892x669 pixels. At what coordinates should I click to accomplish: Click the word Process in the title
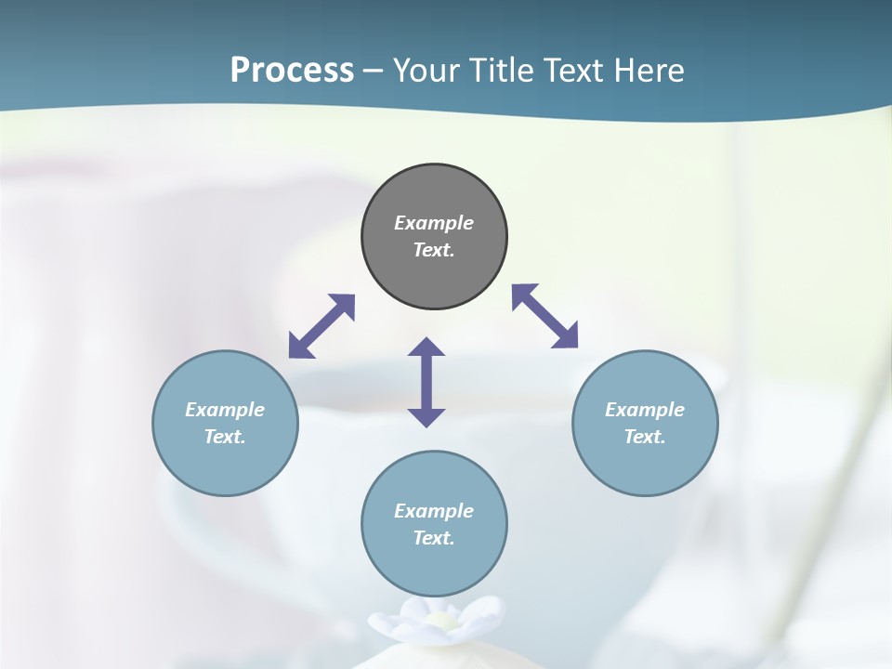pyautogui.click(x=292, y=71)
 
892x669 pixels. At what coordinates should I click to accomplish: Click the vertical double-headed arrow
pyautogui.click(x=426, y=382)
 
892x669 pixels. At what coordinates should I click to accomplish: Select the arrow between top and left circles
pyautogui.click(x=321, y=326)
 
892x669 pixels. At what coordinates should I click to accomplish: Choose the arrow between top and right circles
pyautogui.click(x=544, y=316)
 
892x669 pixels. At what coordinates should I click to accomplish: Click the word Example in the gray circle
pyautogui.click(x=434, y=223)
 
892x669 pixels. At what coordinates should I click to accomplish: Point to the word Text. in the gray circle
pyautogui.click(x=434, y=250)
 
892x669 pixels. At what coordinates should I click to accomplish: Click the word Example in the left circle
pyautogui.click(x=225, y=410)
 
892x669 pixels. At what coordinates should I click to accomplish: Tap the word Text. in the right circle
pyautogui.click(x=645, y=437)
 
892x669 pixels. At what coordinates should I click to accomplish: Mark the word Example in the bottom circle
pyautogui.click(x=434, y=511)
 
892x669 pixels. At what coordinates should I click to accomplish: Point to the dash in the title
pyautogui.click(x=374, y=71)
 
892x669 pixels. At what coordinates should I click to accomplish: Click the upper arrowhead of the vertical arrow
pyautogui.click(x=426, y=348)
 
